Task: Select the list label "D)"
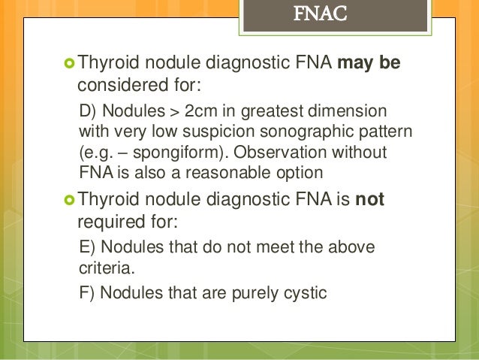pyautogui.click(x=88, y=113)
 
